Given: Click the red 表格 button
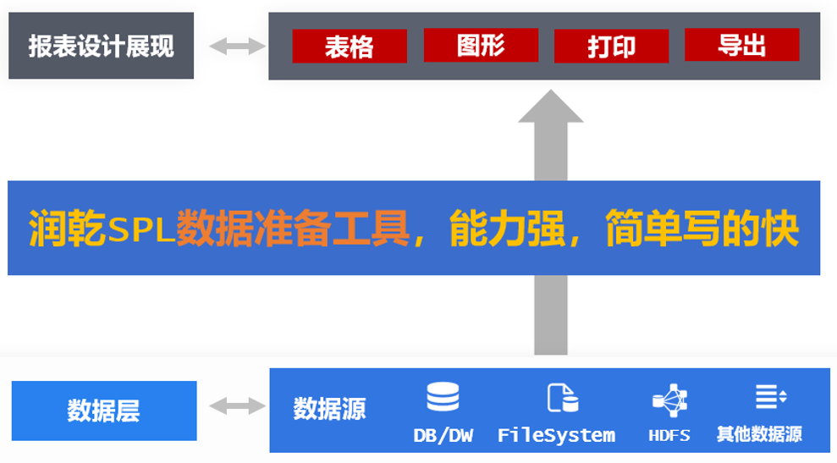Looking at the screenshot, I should point(350,47).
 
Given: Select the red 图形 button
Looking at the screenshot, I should point(481,46).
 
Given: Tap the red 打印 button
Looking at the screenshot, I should point(611,47).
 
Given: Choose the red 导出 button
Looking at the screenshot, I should point(741,45).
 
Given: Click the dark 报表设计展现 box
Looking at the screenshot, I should point(101,46).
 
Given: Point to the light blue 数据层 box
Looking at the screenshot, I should point(104,411).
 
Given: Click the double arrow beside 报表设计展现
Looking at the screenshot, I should point(231,46).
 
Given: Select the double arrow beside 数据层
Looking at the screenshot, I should point(233,407).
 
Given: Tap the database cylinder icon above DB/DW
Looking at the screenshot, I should point(443,397).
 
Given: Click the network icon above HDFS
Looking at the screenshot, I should point(669,399).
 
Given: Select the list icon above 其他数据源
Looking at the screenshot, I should point(770,395).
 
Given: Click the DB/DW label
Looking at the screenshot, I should point(443,436).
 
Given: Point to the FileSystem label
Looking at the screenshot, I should point(556,436).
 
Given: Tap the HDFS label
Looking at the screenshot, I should point(669,436).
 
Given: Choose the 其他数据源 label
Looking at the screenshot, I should point(759,435).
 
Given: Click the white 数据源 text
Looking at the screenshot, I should point(329,409).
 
